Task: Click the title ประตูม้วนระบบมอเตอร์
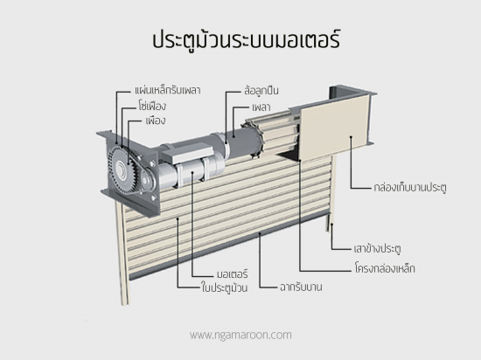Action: (x=246, y=39)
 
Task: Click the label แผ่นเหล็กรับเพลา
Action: (x=168, y=90)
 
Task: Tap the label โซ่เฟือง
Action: (x=152, y=106)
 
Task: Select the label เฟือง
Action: (x=155, y=121)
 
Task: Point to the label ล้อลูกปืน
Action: (x=261, y=90)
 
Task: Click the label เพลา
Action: (x=261, y=107)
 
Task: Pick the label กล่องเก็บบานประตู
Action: (x=410, y=187)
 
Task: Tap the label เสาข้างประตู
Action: (x=377, y=248)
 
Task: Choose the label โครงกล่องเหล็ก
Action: (x=385, y=268)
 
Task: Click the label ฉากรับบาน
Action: (x=301, y=287)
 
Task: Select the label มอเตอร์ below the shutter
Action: (x=233, y=273)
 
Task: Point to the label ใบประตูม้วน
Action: (x=225, y=287)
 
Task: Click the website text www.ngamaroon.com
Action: (x=240, y=335)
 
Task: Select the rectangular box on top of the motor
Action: (x=187, y=153)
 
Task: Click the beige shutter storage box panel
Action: (x=333, y=127)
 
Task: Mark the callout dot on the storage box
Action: (x=351, y=137)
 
